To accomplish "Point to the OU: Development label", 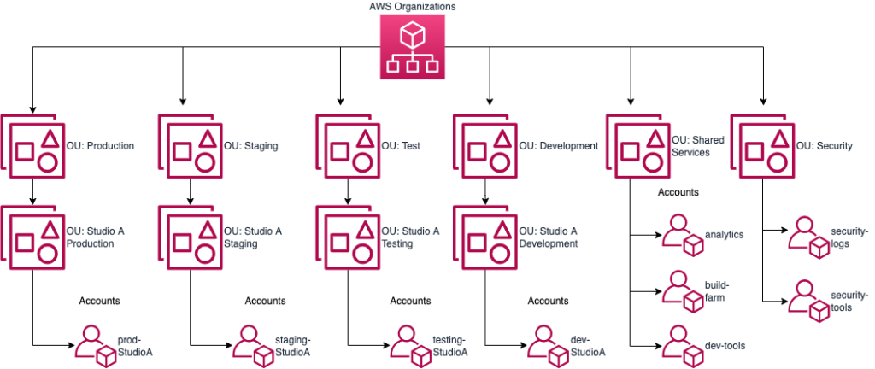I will [x=558, y=146].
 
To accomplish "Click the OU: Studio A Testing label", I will [x=410, y=237].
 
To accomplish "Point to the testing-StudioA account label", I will [x=449, y=345].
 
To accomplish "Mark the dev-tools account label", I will [x=725, y=345].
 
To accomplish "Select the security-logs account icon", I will [x=807, y=235].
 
